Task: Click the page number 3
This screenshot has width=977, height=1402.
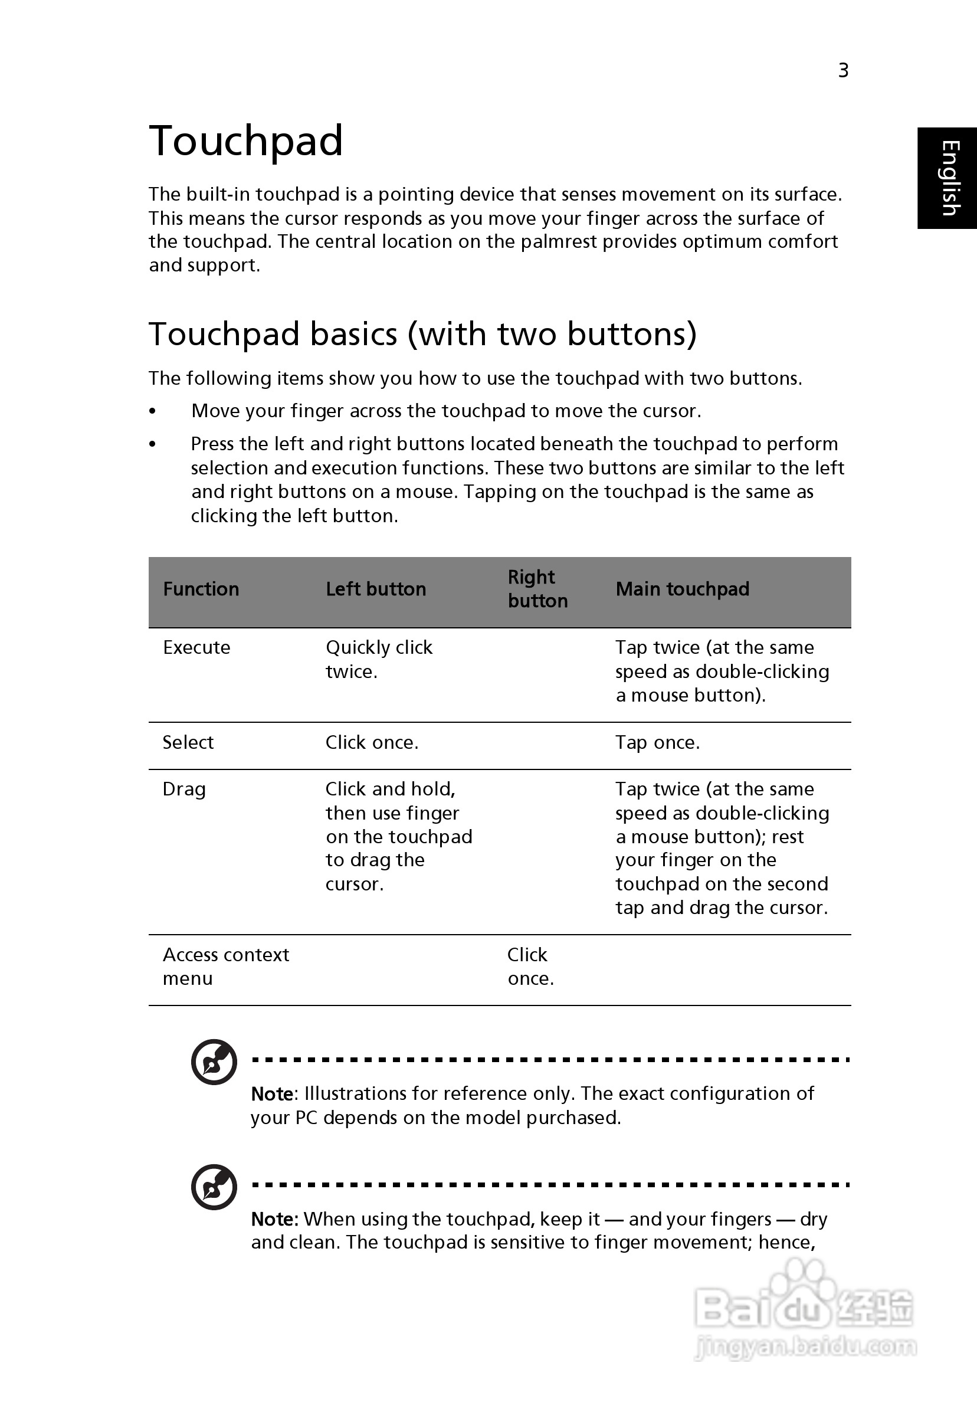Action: (842, 71)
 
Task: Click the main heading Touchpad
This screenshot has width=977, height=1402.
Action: (245, 141)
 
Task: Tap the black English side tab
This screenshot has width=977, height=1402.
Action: (948, 178)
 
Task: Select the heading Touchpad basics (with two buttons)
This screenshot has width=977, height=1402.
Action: (422, 334)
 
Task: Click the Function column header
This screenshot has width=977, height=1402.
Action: (201, 589)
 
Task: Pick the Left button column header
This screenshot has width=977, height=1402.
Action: (376, 589)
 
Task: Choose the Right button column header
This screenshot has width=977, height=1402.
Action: (537, 589)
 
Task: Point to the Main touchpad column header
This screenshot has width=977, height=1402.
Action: (682, 589)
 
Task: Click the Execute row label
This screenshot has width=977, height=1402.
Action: (196, 648)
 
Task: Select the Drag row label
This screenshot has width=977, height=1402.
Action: (184, 790)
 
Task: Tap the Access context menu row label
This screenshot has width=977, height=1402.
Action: (225, 967)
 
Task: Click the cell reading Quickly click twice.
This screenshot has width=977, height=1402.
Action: (379, 660)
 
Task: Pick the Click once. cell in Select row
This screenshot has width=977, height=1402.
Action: (371, 742)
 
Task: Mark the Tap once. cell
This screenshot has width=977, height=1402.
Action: (657, 742)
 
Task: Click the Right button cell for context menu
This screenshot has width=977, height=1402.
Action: (530, 967)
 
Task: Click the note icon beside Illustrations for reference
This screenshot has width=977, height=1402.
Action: (214, 1062)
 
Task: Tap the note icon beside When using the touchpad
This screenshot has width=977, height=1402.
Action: (214, 1187)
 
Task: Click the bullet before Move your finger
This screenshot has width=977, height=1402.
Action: (153, 411)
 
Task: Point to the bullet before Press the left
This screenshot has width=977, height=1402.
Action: (153, 444)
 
